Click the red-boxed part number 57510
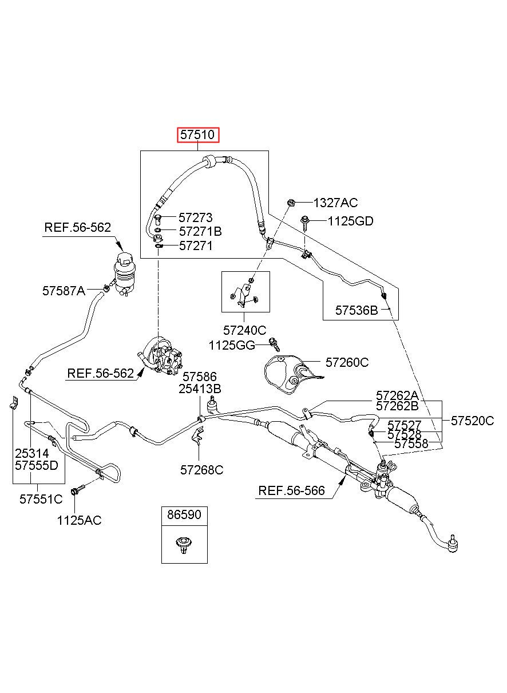197,135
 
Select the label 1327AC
336,203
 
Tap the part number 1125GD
350,221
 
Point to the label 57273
196,218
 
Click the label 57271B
200,231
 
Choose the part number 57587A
64,291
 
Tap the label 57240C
245,330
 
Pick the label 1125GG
232,345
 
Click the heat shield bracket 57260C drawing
292,375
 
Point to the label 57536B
357,310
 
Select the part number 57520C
472,421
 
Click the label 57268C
201,470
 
